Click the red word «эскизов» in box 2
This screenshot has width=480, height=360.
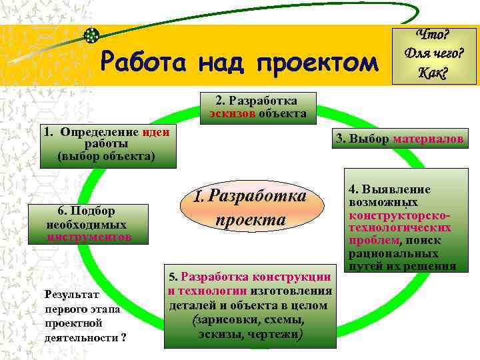pos(229,113)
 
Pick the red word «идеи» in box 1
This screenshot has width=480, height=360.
pos(155,132)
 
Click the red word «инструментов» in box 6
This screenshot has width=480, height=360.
pos(89,237)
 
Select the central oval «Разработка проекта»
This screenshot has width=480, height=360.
pos(250,207)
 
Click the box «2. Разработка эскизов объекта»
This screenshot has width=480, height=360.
pos(257,107)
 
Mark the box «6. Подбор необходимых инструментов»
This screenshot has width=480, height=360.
pos(88,223)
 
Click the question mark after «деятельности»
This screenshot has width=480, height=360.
pos(123,337)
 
